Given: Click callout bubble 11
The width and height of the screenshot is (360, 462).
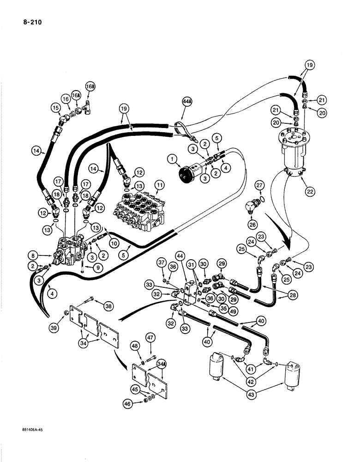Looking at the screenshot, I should point(159,187).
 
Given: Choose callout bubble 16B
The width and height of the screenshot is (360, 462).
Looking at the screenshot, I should point(90,86).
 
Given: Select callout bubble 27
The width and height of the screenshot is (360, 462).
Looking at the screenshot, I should point(259,186).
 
